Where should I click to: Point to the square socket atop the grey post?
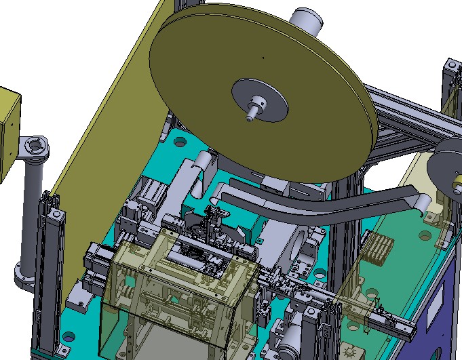pyautogui.click(x=32, y=146)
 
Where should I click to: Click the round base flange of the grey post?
pyautogui.click(x=27, y=277)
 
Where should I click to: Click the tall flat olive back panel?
pyautogui.click(x=102, y=136)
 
